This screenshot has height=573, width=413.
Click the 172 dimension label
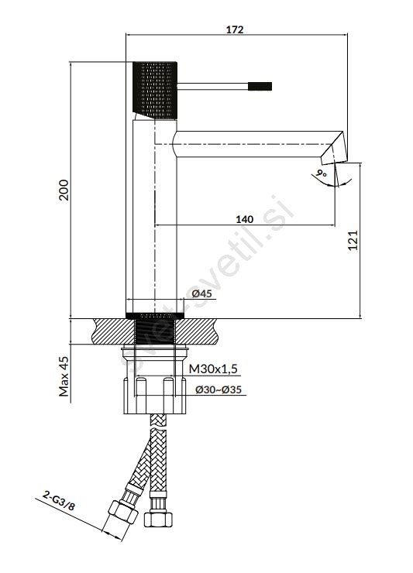click(235, 29)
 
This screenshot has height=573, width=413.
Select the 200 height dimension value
click(64, 190)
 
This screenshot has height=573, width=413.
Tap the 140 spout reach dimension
click(244, 219)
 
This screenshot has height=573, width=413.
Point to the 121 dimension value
click(353, 240)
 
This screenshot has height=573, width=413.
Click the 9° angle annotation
click(322, 173)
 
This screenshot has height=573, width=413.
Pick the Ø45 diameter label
click(201, 293)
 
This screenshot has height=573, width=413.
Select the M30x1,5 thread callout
click(213, 369)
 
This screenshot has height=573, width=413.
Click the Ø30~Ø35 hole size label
click(219, 389)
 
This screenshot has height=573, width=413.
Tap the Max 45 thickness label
click(64, 376)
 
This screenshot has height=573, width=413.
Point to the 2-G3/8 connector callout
click(59, 501)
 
